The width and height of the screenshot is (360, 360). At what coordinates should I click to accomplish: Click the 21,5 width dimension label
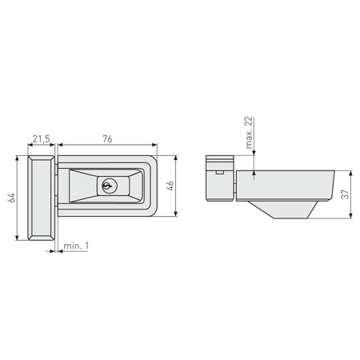(42, 139)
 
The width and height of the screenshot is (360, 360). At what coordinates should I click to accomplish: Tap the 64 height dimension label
(12, 197)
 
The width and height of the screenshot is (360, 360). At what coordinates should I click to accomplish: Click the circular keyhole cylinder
(107, 186)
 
